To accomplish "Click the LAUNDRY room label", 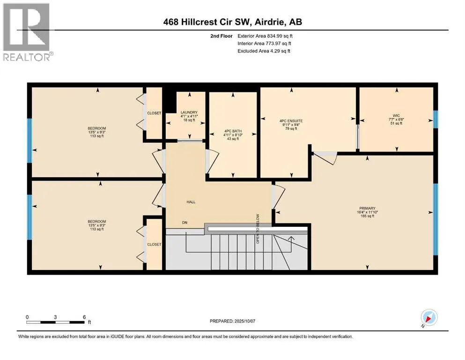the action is pos(189,112).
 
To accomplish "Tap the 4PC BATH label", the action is pos(233,131).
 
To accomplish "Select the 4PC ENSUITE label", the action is pos(291,121).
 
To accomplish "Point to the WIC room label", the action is pos(396,115).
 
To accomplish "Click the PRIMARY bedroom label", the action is pos(368,208).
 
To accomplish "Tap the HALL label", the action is pos(191,202).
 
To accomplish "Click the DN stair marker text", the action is pos(185,223).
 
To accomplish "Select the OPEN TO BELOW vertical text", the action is pos(258,229).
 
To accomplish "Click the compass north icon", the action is pos(429,317).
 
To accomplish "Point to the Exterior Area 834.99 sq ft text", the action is pos(265,36).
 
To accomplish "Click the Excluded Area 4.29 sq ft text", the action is pos(264,51).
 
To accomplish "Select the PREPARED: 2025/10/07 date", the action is pos(232,321).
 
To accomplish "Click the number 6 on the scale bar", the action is pos(84,317).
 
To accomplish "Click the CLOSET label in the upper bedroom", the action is pos(154,113).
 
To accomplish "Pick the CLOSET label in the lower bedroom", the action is pos(154,244).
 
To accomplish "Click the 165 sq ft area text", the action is pos(368,216).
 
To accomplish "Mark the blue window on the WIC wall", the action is pos(435,120).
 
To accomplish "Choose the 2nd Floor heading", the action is pos(221,36).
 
